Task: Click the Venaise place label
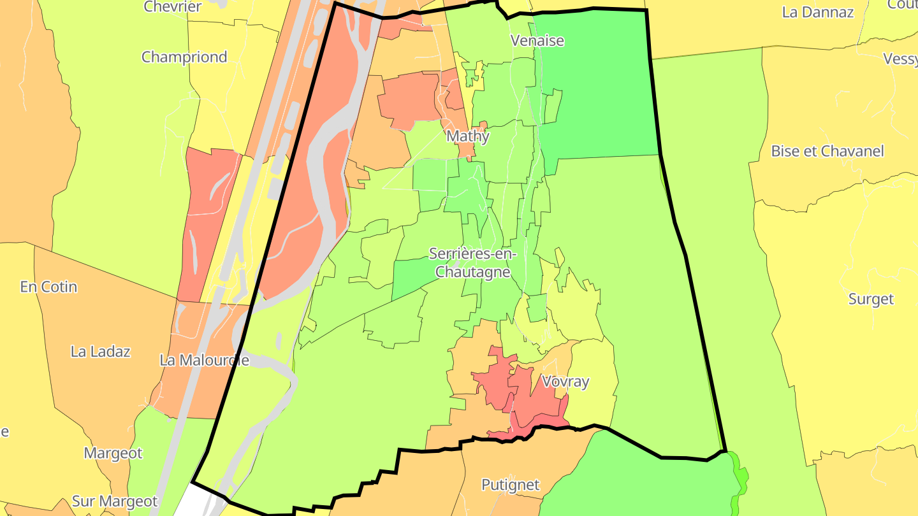pyautogui.click(x=537, y=41)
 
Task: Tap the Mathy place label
pyautogui.click(x=468, y=136)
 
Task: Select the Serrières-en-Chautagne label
pyautogui.click(x=470, y=262)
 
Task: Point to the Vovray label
pyautogui.click(x=565, y=382)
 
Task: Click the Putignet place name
pyautogui.click(x=511, y=485)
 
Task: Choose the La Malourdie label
pyautogui.click(x=204, y=360)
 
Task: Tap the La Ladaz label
pyautogui.click(x=100, y=351)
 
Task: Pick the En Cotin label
pyautogui.click(x=48, y=287)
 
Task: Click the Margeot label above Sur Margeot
pyautogui.click(x=113, y=453)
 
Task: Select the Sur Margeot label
pyautogui.click(x=115, y=501)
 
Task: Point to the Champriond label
pyautogui.click(x=184, y=57)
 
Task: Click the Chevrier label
pyautogui.click(x=173, y=7)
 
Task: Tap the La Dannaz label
pyautogui.click(x=817, y=12)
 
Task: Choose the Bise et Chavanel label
pyautogui.click(x=827, y=151)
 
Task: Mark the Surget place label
pyautogui.click(x=871, y=299)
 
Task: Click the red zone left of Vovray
pyautogui.click(x=494, y=382)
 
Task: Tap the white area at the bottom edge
pyautogui.click(x=191, y=503)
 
